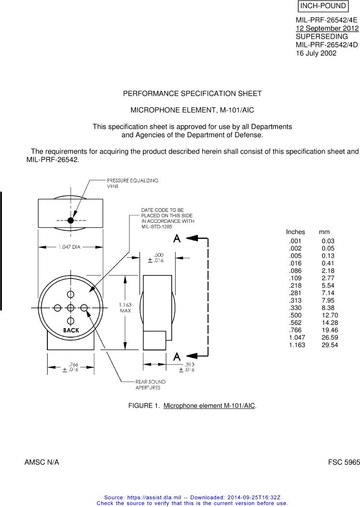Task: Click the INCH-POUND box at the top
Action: pos(323,6)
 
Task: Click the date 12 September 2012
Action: pos(327,28)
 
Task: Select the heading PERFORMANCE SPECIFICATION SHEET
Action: pos(193,93)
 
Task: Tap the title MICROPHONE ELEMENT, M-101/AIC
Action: pos(192,110)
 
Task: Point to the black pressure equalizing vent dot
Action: pos(71,220)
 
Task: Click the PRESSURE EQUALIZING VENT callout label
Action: pos(132,183)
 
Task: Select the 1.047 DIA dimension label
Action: pos(70,247)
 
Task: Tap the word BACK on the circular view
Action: pos(71,331)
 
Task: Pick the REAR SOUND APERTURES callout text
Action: pos(150,385)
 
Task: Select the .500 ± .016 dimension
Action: pos(157,258)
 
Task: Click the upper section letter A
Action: pos(177,238)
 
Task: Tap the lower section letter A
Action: pos(177,356)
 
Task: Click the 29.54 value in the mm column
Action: pos(329,344)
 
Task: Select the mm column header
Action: pos(324,231)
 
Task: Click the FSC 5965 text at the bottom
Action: pos(343,463)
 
